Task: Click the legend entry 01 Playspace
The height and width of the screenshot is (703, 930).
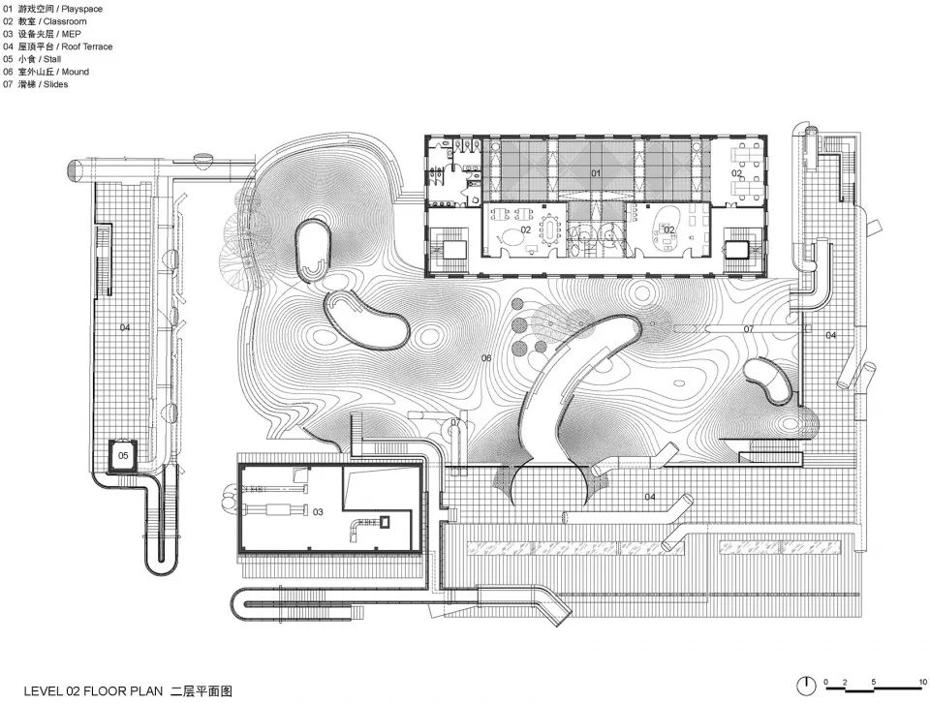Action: click(52, 9)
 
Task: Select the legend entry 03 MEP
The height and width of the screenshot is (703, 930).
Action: click(42, 34)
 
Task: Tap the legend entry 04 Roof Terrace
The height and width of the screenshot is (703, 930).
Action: click(57, 46)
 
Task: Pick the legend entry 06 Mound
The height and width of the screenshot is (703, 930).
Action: click(46, 72)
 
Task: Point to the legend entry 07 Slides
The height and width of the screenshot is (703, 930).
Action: click(36, 84)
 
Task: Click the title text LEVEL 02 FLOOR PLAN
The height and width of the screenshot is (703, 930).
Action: click(93, 690)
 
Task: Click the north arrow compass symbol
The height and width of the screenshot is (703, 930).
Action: click(805, 686)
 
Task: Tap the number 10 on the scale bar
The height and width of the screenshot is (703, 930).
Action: click(923, 682)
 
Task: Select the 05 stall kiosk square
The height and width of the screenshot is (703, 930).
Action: click(123, 455)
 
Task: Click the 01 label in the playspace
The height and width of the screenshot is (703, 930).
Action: click(596, 173)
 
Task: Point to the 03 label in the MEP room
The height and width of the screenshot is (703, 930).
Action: click(318, 511)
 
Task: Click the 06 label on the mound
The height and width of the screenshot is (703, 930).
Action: click(486, 358)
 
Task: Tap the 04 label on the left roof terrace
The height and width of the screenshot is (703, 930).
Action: click(125, 327)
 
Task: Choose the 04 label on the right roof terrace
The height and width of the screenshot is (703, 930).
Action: click(831, 335)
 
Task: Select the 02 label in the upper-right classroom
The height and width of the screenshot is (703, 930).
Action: click(736, 173)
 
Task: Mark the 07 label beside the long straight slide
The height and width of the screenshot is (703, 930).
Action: click(749, 329)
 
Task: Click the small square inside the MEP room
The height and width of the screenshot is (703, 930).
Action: click(386, 522)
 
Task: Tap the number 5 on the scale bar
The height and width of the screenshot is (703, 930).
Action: click(873, 682)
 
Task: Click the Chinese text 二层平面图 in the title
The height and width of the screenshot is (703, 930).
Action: click(201, 690)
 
